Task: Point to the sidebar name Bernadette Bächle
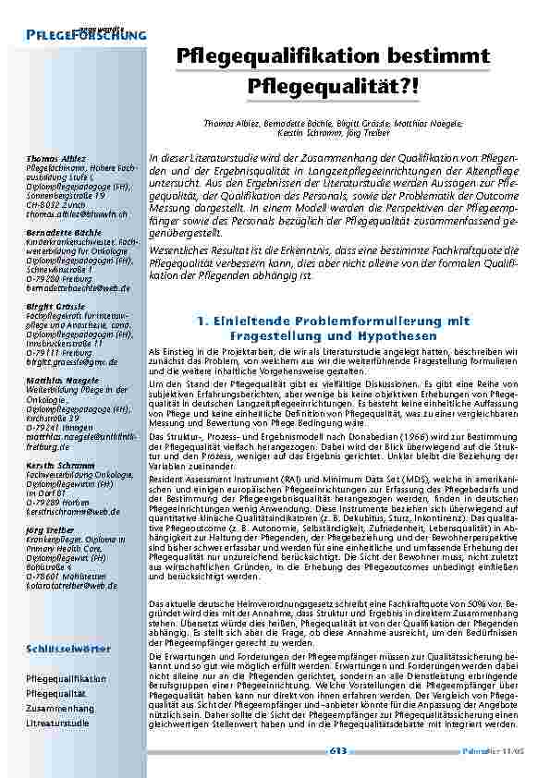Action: pyautogui.click(x=63, y=231)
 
